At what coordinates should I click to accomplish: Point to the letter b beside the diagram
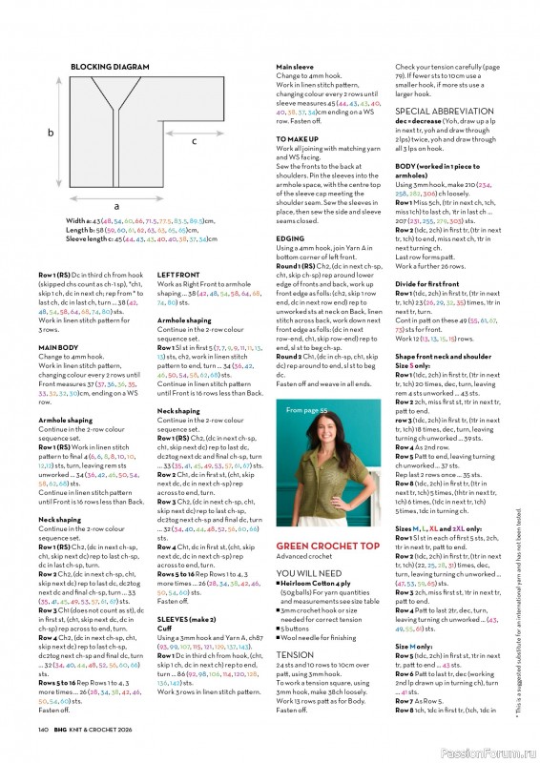tap(50, 134)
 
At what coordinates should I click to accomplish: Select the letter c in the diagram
tap(195, 141)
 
